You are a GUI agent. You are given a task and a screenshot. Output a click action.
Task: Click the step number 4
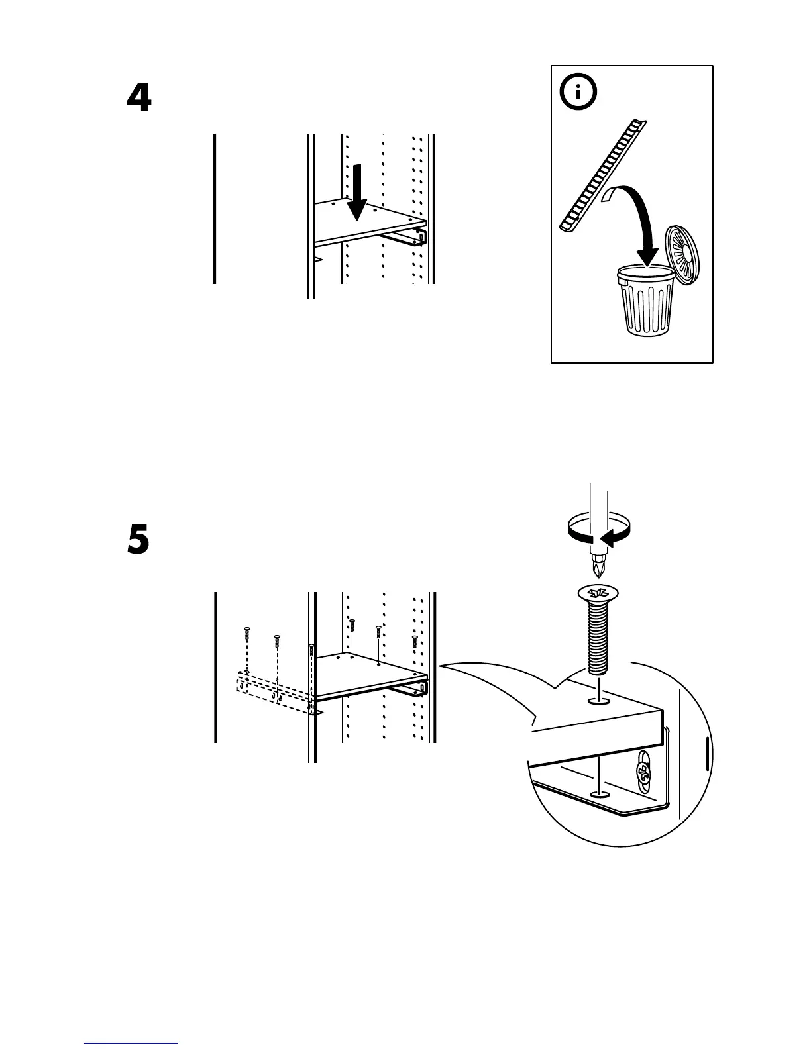tap(139, 99)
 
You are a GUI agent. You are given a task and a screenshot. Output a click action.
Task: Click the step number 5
tap(138, 540)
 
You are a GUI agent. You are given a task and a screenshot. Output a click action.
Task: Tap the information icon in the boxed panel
tap(578, 93)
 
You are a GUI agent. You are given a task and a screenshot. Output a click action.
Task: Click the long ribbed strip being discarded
tap(602, 176)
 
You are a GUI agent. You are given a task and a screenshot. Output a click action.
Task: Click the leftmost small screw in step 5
tap(246, 632)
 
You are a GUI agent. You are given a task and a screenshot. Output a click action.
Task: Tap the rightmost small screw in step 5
tap(414, 642)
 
